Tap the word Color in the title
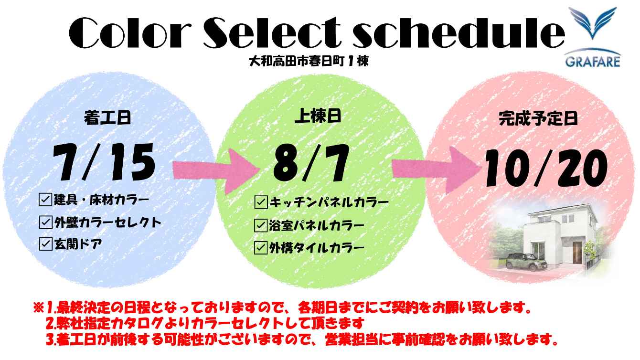130,33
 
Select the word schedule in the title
459,32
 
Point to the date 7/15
104,162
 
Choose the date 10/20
546,168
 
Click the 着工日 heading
107,118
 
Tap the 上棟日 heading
318,116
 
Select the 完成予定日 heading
538,118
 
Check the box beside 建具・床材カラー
45,200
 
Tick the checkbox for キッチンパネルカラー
261,202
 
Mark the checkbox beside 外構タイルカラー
261,247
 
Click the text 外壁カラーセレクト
108,222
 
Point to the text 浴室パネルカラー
316,225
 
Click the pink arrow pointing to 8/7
216,171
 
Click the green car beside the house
526,262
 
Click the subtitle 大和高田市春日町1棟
309,61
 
